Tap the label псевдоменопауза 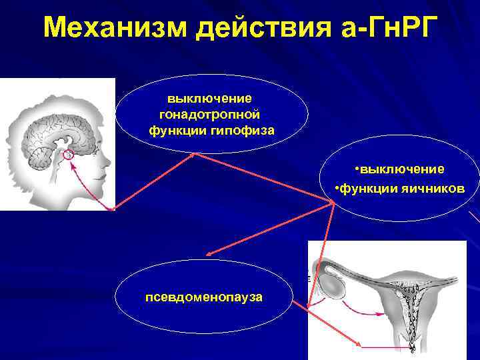click(204, 295)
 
